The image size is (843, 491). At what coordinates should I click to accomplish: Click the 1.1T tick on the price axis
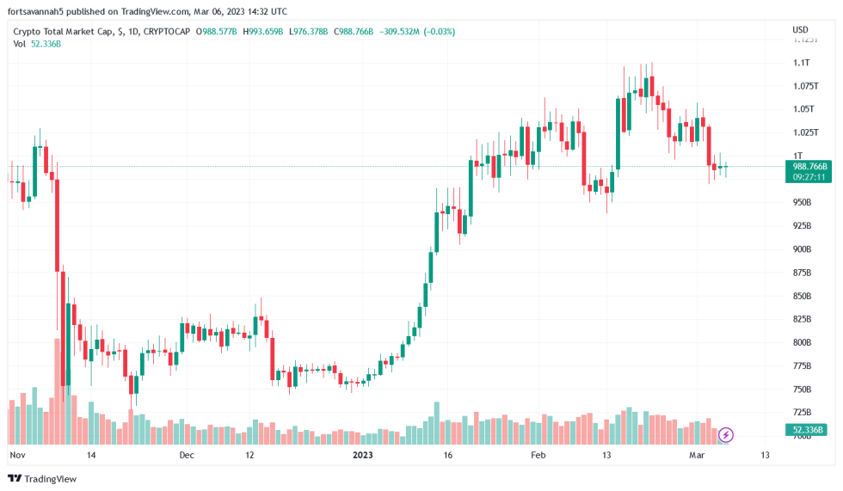(x=802, y=63)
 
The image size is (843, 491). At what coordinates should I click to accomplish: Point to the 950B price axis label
(x=802, y=202)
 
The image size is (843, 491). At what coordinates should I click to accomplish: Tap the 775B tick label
(x=802, y=366)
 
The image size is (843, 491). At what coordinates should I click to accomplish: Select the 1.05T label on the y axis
(x=803, y=109)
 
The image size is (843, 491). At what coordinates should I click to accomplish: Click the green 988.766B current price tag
(x=809, y=166)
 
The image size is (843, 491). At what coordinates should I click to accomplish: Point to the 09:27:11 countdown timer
(x=809, y=177)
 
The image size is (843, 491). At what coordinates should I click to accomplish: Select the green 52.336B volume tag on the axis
(x=809, y=430)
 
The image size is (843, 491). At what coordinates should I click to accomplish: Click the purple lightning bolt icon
(x=726, y=434)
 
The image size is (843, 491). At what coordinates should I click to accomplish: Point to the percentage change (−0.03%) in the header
(x=437, y=32)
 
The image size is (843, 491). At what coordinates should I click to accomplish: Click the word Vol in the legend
(x=19, y=44)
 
